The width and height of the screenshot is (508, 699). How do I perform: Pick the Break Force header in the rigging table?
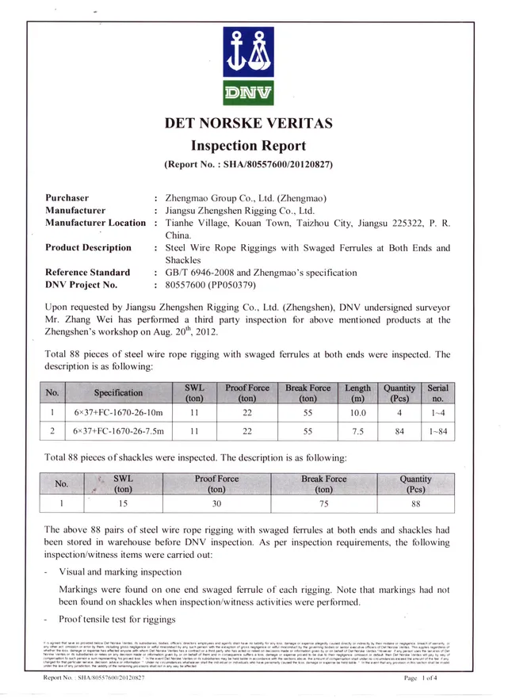point(307,393)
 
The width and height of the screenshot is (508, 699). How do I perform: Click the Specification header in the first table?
point(119,393)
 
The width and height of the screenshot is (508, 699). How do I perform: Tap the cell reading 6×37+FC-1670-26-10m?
point(119,413)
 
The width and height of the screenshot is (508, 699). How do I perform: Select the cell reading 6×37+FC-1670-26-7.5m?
point(119,432)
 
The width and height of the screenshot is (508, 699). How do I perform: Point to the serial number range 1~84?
point(437,432)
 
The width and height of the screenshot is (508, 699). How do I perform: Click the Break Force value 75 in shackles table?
point(324,502)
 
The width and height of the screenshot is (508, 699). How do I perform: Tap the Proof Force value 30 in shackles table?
point(216,502)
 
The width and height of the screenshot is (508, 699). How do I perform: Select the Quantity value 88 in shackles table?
point(416,502)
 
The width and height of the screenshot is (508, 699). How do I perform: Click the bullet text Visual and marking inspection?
point(120,571)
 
